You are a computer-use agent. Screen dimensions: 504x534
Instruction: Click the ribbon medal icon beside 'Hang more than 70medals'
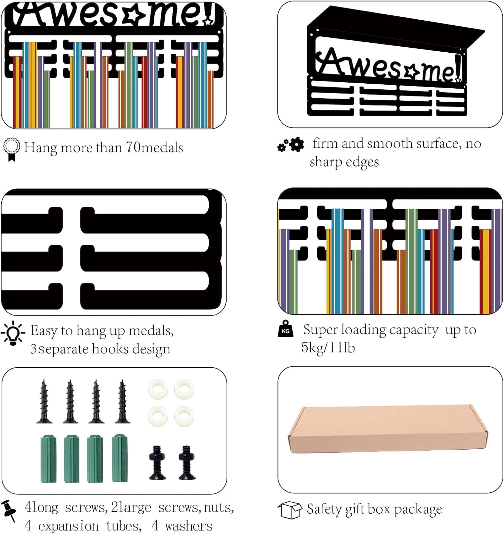tap(11, 150)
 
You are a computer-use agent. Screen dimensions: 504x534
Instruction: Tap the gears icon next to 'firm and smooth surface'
tap(291, 145)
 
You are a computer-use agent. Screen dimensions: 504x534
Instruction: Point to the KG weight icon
tap(285, 328)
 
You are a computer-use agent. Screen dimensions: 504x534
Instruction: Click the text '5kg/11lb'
tap(328, 347)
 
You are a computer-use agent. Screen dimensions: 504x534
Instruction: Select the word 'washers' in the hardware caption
tap(189, 526)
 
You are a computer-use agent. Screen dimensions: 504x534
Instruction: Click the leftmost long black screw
tap(44, 402)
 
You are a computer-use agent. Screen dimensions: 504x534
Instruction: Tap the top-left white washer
tap(158, 389)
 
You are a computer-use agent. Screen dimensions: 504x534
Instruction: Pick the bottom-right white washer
tap(184, 416)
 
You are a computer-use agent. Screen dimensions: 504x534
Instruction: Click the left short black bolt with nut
tap(158, 462)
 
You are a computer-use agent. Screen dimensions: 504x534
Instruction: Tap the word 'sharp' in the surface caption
tap(325, 162)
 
